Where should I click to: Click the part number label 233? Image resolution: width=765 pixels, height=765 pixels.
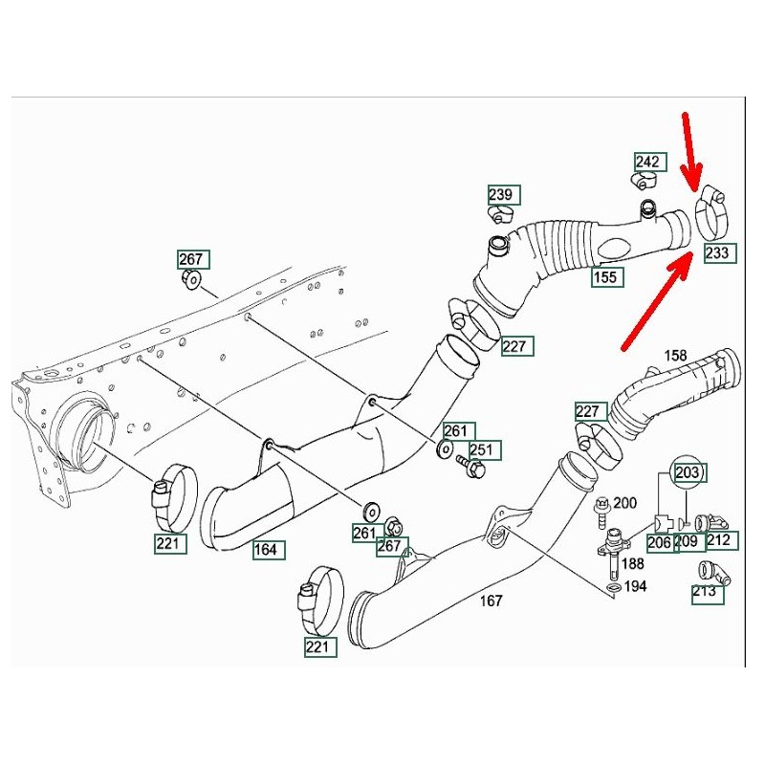718,253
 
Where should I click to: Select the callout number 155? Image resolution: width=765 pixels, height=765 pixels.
607,277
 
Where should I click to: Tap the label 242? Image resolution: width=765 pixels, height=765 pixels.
648,162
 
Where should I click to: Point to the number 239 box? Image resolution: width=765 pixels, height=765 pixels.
502,195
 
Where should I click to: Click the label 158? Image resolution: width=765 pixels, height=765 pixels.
675,356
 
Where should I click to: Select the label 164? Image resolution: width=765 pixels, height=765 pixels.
266,550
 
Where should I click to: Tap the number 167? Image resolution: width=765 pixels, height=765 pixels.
491,601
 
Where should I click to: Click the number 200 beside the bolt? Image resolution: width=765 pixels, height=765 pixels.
624,503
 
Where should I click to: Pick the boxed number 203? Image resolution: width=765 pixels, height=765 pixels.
688,472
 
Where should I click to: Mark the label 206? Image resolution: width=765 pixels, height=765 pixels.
660,542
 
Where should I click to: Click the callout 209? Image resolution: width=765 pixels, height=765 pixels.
687,542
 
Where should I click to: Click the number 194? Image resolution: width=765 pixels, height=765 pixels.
636,586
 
